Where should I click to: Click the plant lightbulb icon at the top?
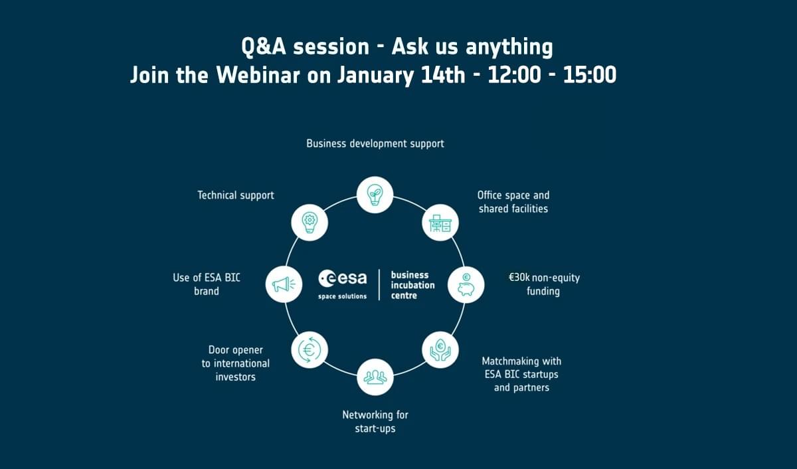pyautogui.click(x=375, y=195)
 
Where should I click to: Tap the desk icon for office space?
pyautogui.click(x=440, y=223)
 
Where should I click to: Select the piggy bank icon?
pyautogui.click(x=466, y=285)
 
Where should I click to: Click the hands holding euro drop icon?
pyautogui.click(x=440, y=350)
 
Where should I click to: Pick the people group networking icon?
pyautogui.click(x=375, y=377)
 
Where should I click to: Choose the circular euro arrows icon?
pyautogui.click(x=310, y=350)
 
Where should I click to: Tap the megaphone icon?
pyautogui.click(x=284, y=284)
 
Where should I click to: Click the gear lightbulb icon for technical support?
pyautogui.click(x=310, y=223)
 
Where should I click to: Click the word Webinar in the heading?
pyautogui.click(x=258, y=75)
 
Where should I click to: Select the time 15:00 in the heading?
pyautogui.click(x=590, y=75)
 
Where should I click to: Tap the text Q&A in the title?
pyautogui.click(x=264, y=47)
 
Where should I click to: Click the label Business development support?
pyautogui.click(x=375, y=143)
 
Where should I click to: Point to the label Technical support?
pyautogui.click(x=236, y=195)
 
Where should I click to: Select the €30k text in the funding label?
pyautogui.click(x=519, y=278)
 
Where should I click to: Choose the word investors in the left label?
pyautogui.click(x=236, y=377)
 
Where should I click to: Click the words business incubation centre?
pyautogui.click(x=412, y=285)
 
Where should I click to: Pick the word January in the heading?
pyautogui.click(x=375, y=76)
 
